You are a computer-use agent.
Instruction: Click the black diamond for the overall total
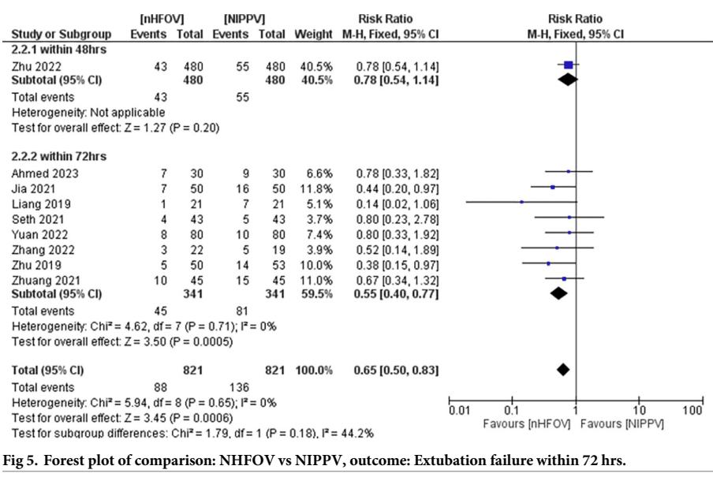[x=562, y=369]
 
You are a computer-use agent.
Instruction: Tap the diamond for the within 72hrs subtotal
[x=558, y=293]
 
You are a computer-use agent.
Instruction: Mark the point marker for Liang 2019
[x=521, y=203]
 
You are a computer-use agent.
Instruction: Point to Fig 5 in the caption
[x=22, y=460]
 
